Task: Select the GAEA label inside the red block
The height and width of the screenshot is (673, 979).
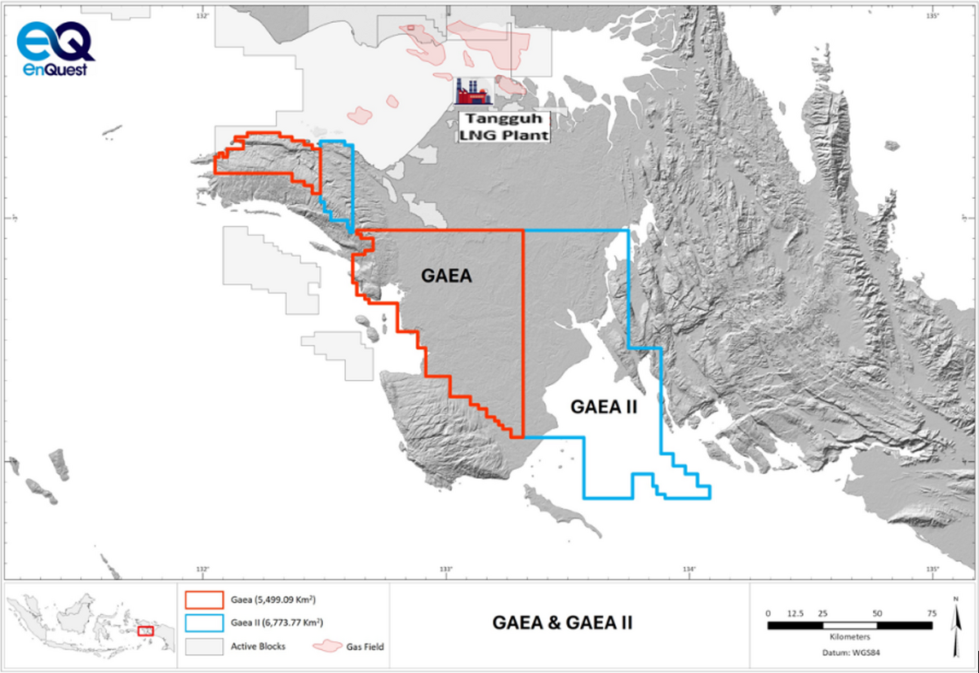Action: [447, 276]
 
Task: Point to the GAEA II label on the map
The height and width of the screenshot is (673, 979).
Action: [603, 405]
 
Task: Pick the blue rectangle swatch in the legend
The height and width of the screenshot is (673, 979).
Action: [204, 623]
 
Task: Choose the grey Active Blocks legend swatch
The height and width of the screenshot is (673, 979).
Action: [204, 646]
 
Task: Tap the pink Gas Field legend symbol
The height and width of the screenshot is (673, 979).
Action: [327, 646]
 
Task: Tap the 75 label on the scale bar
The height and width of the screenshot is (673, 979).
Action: [931, 613]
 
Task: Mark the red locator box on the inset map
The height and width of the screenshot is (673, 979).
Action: [146, 631]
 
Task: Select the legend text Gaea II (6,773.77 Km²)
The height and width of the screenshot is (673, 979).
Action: [272, 623]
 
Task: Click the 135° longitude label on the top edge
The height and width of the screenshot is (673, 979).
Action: [932, 15]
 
